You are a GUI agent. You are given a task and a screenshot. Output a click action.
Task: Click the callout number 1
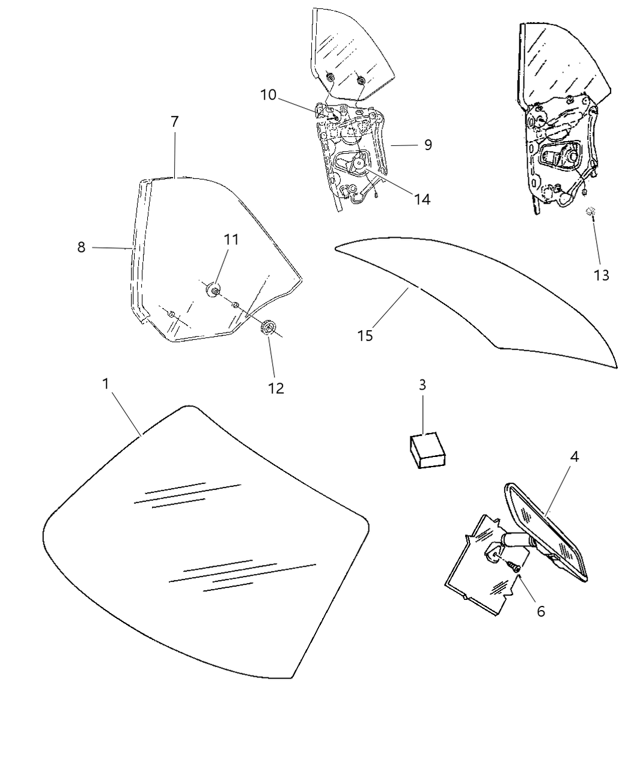pos(106,384)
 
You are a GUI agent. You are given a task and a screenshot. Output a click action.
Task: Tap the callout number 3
pos(422,385)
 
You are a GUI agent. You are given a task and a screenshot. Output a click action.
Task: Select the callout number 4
pos(574,456)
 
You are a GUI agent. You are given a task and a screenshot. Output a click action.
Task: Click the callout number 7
pos(174,122)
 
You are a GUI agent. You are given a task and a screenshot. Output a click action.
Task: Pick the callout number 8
pos(81,247)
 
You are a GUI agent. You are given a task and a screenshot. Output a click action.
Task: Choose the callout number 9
pos(428,145)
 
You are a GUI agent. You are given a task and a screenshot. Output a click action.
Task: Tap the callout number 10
pos(268,95)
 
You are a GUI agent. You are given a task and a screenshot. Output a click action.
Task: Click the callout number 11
pos(231,240)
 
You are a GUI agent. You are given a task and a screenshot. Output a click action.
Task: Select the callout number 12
pos(276,389)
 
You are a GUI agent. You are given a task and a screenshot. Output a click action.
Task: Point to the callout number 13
pos(602,275)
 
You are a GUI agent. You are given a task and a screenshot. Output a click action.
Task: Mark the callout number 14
pos(422,200)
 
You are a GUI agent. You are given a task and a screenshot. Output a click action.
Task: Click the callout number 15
pos(365,336)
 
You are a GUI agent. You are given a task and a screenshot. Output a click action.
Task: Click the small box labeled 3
pos(427,450)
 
